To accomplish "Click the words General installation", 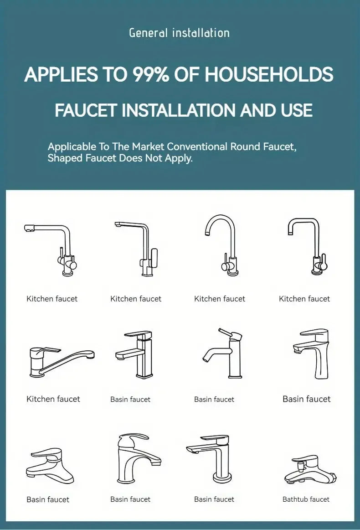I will pos(180,33).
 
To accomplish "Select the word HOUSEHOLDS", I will pos(269,74).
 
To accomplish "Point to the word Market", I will pos(148,147).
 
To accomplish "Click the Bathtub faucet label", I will pos(306,499).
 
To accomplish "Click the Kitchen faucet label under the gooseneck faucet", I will pos(220,299).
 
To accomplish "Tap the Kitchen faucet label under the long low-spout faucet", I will pos(53,399).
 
